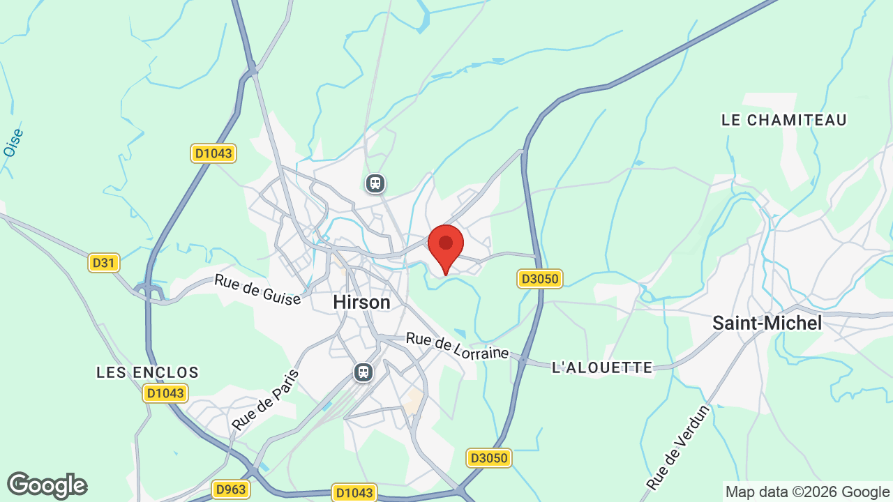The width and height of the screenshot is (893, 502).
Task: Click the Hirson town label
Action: pyautogui.click(x=361, y=302)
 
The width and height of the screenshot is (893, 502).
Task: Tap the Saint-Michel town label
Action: pyautogui.click(x=767, y=323)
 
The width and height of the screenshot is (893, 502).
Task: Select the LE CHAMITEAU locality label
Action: pyautogui.click(x=784, y=120)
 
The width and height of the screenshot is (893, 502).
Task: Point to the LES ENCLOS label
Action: pyautogui.click(x=148, y=372)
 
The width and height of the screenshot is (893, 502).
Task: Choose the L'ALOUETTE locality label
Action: pyautogui.click(x=602, y=367)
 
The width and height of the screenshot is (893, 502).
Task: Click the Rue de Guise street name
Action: pyautogui.click(x=257, y=289)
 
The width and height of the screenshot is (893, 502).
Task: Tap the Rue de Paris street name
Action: pyautogui.click(x=265, y=399)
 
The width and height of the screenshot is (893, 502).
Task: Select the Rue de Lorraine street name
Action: pyautogui.click(x=457, y=346)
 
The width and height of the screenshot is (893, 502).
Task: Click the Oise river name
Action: pyautogui.click(x=13, y=142)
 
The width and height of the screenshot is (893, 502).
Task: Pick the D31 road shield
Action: pyautogui.click(x=104, y=263)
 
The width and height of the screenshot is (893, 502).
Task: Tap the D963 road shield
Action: pyautogui.click(x=230, y=489)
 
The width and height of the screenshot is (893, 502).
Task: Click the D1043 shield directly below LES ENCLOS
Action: pyautogui.click(x=165, y=393)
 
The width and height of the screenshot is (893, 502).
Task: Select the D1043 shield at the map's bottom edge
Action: pyautogui.click(x=354, y=492)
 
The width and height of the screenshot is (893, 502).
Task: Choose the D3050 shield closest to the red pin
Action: pyautogui.click(x=540, y=280)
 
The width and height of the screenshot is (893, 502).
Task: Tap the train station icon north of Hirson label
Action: pyautogui.click(x=375, y=183)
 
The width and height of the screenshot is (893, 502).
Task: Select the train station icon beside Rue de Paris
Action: pyautogui.click(x=363, y=372)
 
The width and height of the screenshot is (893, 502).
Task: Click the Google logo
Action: pyautogui.click(x=47, y=485)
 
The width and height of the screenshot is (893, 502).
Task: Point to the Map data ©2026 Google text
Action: pyautogui.click(x=807, y=492)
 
